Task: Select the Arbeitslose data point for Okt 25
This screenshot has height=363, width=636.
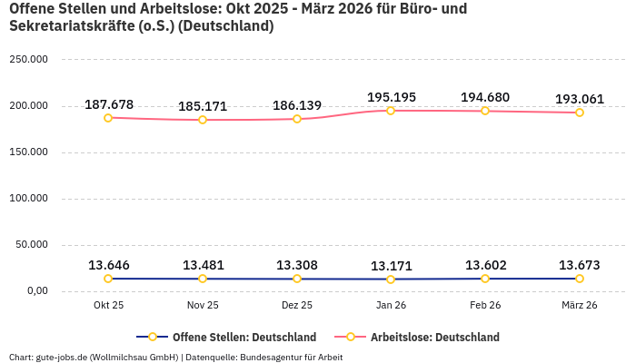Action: tap(108, 118)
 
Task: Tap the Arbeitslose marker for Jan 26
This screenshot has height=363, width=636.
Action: tap(391, 111)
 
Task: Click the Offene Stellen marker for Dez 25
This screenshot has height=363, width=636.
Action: tap(297, 279)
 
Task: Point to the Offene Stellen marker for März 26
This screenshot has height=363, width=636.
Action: tap(580, 279)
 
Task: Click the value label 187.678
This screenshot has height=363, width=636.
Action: tap(109, 104)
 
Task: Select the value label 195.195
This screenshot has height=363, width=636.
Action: tap(392, 97)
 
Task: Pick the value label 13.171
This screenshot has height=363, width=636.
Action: tap(392, 266)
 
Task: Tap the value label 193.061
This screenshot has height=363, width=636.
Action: tap(580, 99)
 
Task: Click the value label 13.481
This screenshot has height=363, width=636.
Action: tap(203, 265)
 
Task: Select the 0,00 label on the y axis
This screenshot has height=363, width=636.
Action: tap(37, 290)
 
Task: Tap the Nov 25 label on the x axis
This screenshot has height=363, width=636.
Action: tap(203, 306)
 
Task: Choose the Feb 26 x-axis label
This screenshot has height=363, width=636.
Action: tap(485, 306)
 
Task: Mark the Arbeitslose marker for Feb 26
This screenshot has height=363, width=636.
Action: tap(485, 111)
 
